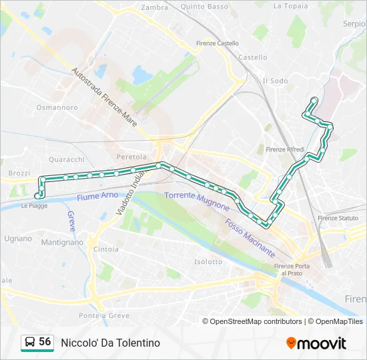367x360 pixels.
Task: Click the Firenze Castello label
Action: coord(218,43)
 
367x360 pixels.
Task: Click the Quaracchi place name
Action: coord(67,159)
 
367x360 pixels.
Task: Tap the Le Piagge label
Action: coord(34,206)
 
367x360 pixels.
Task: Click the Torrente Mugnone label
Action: coord(197,200)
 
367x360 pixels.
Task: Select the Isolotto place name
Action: coord(208,261)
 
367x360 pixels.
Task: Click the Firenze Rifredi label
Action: coord(285,149)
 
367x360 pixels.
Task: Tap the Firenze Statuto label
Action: coord(338,218)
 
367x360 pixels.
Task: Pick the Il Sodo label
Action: coord(275,81)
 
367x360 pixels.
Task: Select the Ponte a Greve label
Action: coord(103,315)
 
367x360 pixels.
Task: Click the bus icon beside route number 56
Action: coord(30,343)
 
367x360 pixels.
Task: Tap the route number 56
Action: coord(45,342)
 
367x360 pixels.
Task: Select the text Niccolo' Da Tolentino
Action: coord(110,343)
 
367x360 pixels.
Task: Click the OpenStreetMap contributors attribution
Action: coord(256,321)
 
